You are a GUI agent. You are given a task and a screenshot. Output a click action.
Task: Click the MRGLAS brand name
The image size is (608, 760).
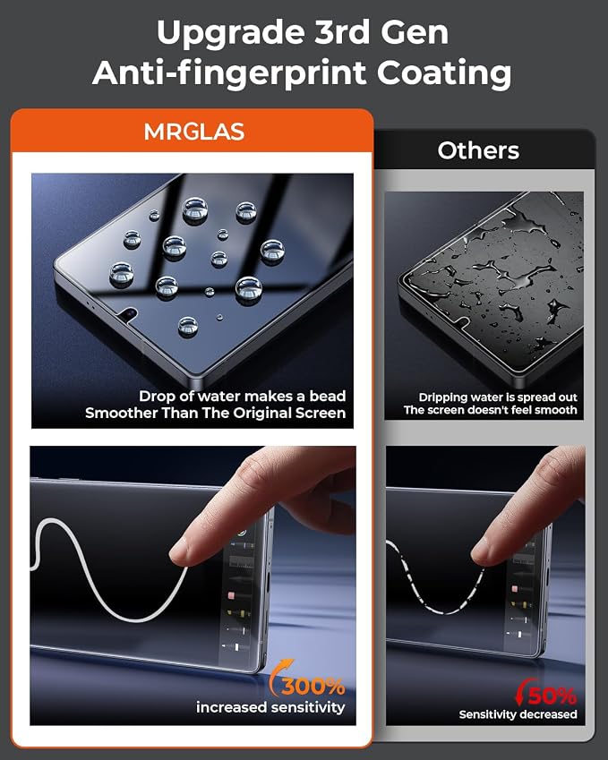(194, 132)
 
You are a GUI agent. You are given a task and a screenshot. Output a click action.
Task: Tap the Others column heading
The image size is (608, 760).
(478, 150)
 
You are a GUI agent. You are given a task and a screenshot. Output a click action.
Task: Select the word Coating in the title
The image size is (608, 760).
(444, 73)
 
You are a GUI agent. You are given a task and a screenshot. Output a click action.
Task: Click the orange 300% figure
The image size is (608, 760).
(313, 687)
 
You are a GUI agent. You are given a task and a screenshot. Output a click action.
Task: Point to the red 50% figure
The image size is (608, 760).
(552, 696)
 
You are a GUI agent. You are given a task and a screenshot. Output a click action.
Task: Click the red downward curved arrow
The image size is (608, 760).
(523, 692)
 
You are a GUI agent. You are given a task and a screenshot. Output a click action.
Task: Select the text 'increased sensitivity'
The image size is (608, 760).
(270, 707)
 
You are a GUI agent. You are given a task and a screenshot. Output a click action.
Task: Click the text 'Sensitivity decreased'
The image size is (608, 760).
(518, 714)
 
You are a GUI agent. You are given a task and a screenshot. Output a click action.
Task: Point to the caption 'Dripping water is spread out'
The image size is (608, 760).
(498, 397)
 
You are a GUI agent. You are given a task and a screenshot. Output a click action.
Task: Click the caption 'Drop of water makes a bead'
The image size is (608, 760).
(243, 397)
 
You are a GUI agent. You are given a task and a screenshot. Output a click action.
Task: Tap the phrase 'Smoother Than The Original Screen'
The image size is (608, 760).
(215, 413)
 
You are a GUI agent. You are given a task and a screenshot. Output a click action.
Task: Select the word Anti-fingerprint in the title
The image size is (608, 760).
(231, 73)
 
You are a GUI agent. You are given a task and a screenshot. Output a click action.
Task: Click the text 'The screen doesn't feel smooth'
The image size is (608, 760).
(490, 410)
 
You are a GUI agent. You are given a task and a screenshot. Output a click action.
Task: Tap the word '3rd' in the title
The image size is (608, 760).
(342, 32)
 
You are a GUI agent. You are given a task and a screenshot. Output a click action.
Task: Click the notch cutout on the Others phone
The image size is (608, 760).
(463, 322)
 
